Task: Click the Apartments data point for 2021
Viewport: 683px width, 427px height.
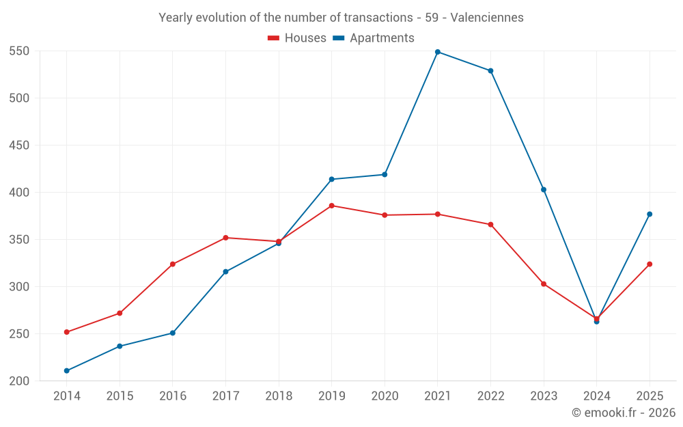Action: pos(438,52)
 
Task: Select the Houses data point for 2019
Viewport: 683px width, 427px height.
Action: pos(331,206)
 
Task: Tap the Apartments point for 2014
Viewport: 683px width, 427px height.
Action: pos(67,371)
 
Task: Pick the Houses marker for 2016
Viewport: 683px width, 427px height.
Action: pos(173,264)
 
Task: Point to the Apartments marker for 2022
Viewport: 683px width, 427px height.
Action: pos(490,70)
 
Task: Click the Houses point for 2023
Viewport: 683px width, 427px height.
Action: pos(544,284)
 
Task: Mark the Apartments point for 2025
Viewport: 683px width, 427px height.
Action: pos(650,214)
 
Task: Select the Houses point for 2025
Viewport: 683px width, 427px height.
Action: pos(650,264)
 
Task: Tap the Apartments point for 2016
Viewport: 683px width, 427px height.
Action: pos(173,333)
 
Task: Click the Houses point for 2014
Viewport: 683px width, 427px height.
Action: pos(67,332)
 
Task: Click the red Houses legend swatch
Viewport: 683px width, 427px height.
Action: pos(273,38)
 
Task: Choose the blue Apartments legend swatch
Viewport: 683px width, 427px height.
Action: pos(339,38)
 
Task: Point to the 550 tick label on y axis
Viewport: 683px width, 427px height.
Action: pos(19,51)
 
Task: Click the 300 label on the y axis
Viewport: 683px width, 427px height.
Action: pos(19,287)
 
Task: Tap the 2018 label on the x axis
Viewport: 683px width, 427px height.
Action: pos(279,396)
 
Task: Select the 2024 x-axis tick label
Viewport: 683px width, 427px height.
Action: pos(597,396)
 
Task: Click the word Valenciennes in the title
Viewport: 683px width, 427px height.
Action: pos(487,18)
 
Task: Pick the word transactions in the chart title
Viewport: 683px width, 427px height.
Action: pos(378,18)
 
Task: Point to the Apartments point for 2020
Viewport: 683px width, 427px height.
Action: pos(385,175)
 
